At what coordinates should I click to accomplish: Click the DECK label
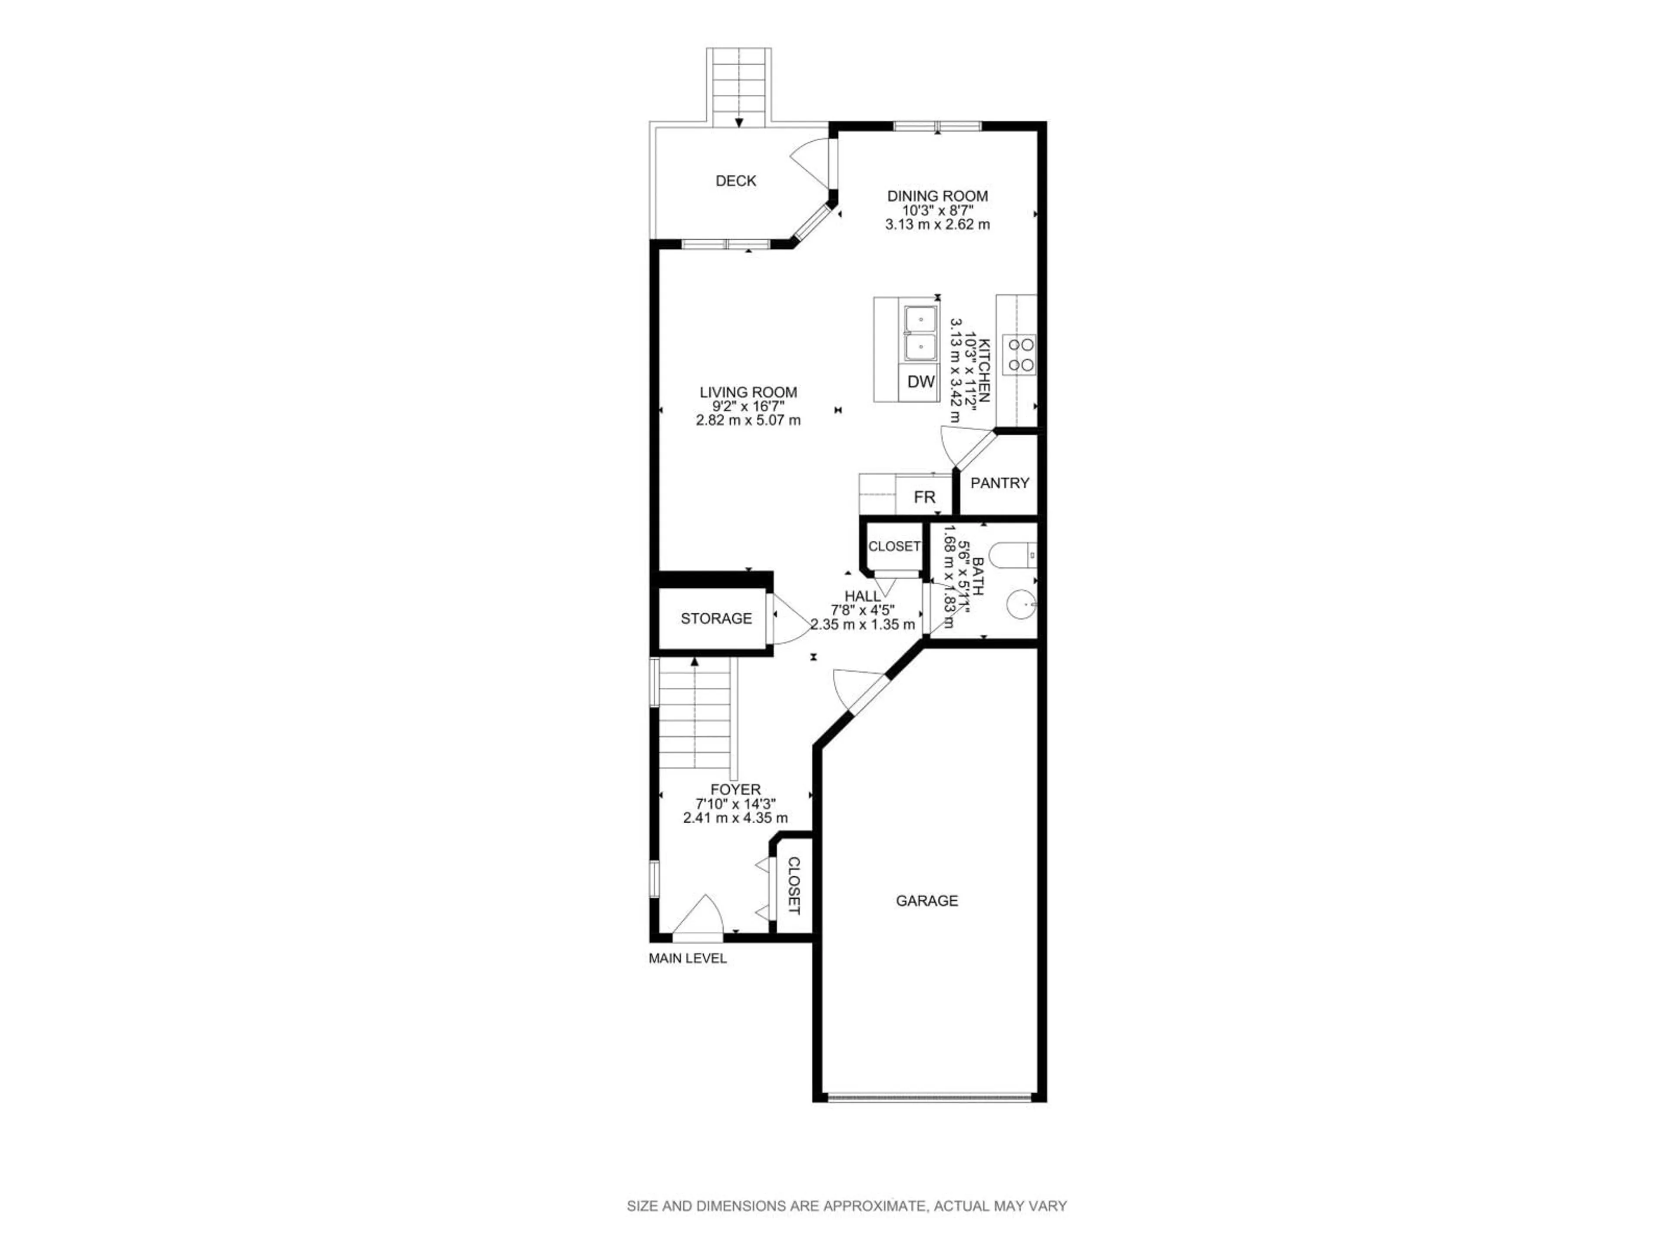[x=735, y=181]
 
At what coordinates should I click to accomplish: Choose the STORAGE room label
[x=715, y=619]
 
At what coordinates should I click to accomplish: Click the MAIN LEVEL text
[x=687, y=958]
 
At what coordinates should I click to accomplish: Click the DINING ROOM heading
[x=937, y=196]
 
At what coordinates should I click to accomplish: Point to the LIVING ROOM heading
[x=748, y=392]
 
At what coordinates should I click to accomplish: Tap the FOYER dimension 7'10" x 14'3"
[x=735, y=804]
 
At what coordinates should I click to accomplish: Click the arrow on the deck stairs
[x=739, y=123]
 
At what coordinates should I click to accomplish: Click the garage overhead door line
[x=929, y=1097]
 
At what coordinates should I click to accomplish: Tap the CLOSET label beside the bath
[x=894, y=546]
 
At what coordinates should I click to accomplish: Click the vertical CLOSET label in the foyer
[x=793, y=885]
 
